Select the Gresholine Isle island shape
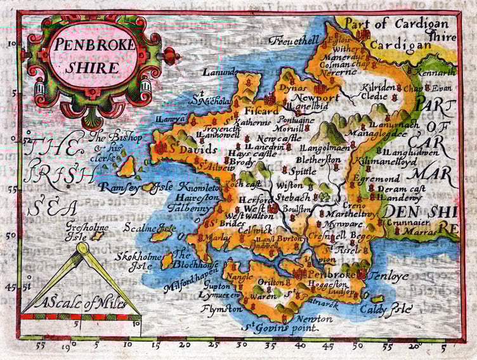click(x=98, y=235)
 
